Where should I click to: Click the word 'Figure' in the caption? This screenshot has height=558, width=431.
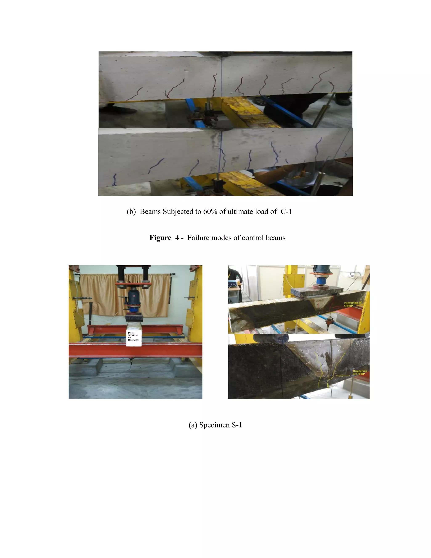(160, 238)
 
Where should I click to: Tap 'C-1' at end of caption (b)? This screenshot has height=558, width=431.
(286, 212)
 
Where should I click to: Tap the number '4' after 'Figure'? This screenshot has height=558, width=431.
(177, 238)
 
